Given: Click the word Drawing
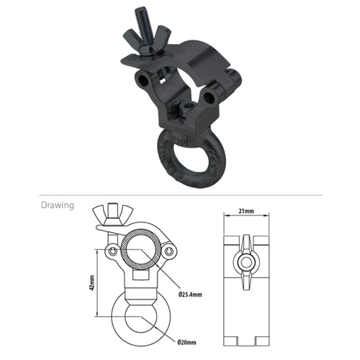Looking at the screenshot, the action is [58, 205].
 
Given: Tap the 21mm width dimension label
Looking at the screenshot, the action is [246, 211].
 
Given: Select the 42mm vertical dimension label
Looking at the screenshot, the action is [91, 283].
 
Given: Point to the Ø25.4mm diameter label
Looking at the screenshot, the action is [190, 294].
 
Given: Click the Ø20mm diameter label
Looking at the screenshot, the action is [186, 343].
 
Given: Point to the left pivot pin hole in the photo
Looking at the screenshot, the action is [144, 80].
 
